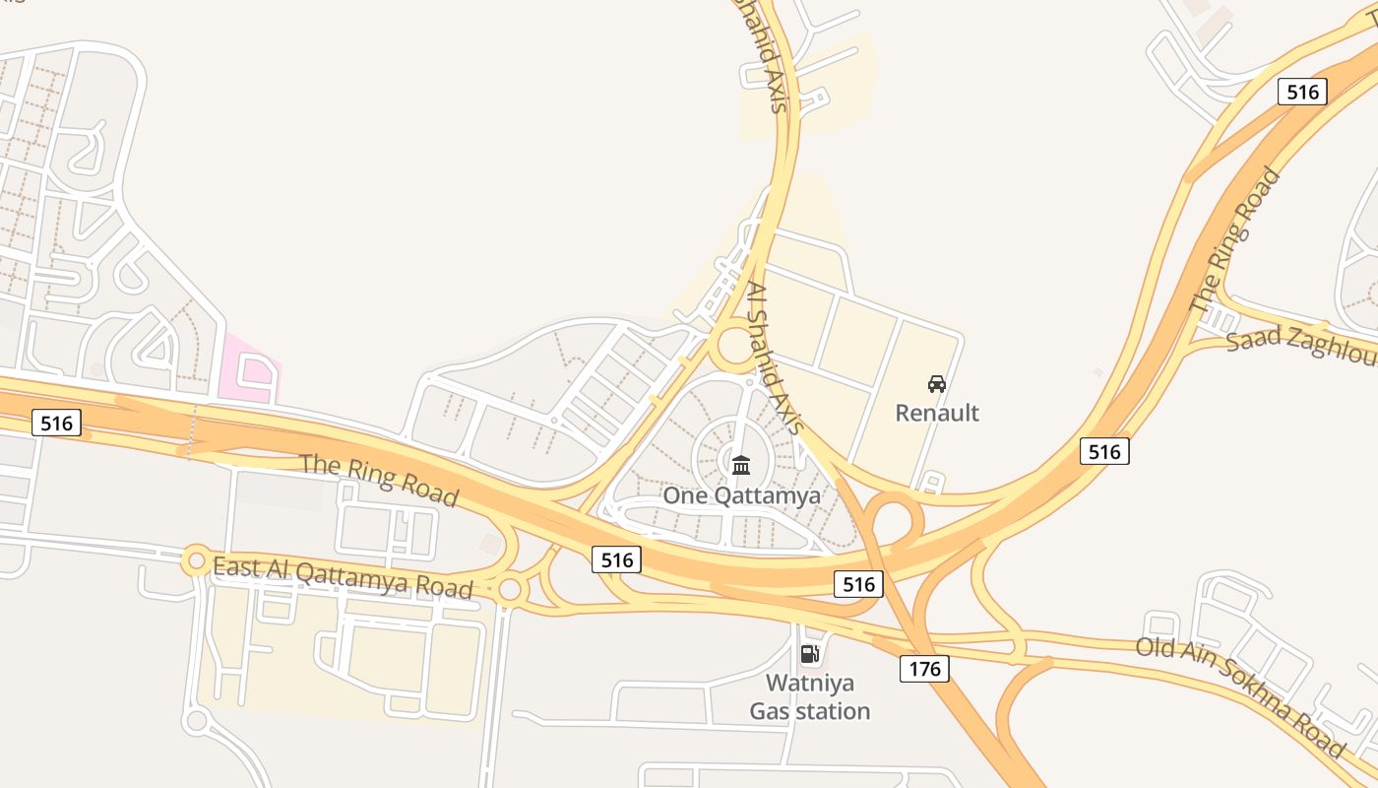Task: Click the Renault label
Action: [937, 412]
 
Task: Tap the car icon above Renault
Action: [937, 383]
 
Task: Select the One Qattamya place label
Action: [741, 495]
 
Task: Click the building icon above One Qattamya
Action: [741, 465]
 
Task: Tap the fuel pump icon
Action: [809, 653]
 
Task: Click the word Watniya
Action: [810, 683]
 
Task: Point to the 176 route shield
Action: [924, 670]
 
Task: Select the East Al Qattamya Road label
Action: [343, 576]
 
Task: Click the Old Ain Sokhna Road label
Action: [1239, 697]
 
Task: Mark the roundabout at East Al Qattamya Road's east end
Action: [509, 590]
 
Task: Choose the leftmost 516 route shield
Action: [56, 424]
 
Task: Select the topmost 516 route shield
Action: [1302, 92]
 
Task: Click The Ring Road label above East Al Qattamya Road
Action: [379, 480]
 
